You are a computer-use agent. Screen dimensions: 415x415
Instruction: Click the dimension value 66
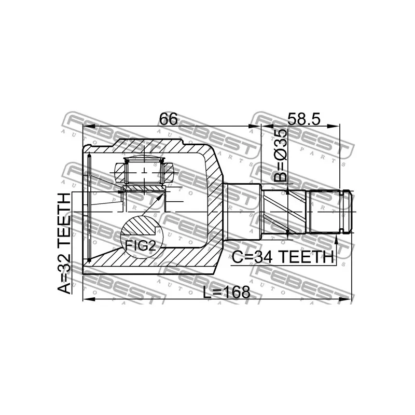tap(169, 119)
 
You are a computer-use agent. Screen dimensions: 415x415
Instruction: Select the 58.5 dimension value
tap(300, 119)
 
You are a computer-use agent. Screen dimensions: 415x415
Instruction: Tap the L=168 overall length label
tap(226, 292)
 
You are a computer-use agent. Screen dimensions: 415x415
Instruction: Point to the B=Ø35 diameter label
tap(281, 156)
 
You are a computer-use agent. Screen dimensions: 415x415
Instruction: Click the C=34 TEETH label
tap(282, 257)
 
